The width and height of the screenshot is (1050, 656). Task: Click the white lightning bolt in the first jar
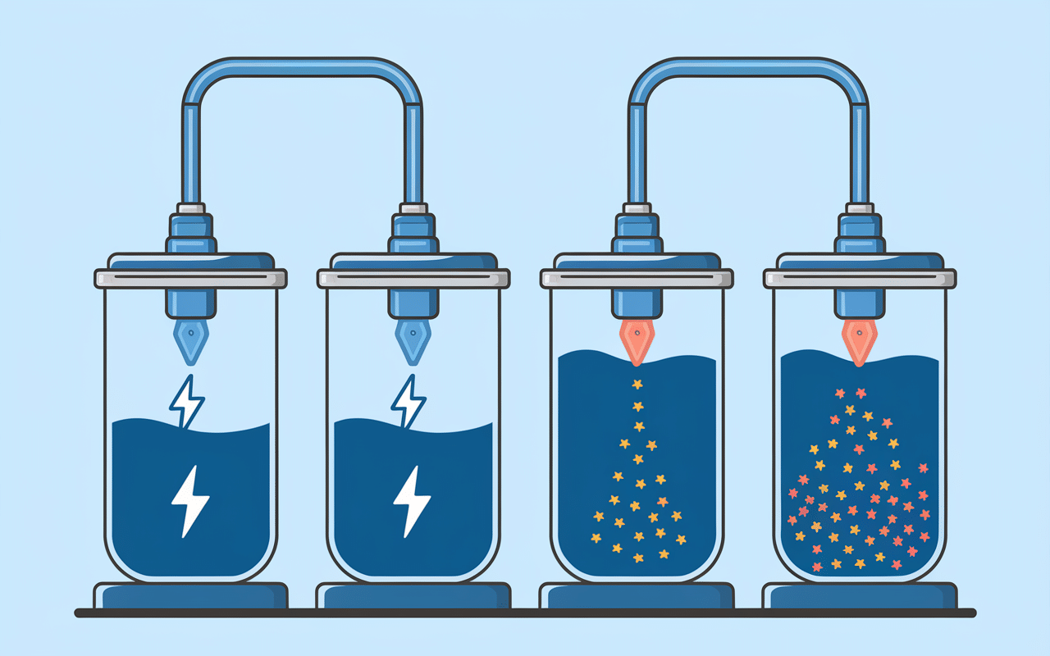(189, 499)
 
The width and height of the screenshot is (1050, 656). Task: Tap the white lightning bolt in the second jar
(412, 499)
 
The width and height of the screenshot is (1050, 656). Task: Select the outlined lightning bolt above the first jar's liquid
(187, 401)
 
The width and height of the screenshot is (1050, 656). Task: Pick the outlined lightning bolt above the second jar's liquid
(409, 401)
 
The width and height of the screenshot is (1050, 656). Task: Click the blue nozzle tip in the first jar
(190, 341)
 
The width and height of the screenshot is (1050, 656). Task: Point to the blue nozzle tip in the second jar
(413, 341)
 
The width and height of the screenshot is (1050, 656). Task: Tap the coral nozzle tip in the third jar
(637, 341)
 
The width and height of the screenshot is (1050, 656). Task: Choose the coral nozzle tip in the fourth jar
(859, 341)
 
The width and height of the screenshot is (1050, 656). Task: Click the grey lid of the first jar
(190, 278)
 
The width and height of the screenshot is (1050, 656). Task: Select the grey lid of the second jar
(413, 278)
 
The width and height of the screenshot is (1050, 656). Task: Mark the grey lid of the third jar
(637, 278)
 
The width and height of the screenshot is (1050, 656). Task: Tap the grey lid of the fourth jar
(859, 278)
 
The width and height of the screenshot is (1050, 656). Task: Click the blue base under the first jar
(190, 595)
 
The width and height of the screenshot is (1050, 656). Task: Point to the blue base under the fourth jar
(859, 595)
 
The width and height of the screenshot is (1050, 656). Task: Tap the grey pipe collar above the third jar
(637, 209)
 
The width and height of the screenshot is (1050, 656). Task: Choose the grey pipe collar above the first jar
(190, 209)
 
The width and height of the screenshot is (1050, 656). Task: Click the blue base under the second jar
(413, 595)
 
